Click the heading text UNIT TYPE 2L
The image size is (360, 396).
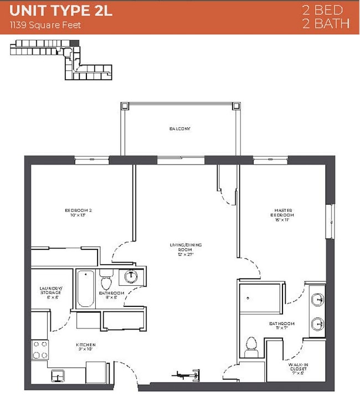[x=61, y=11]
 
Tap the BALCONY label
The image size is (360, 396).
[x=180, y=128]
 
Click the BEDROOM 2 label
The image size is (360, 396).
[x=77, y=212]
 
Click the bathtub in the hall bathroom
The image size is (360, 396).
[x=86, y=289]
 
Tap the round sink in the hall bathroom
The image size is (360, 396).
[x=130, y=276]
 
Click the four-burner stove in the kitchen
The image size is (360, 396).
[x=39, y=349]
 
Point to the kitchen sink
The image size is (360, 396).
[x=58, y=376]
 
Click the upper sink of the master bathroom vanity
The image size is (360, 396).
[x=317, y=300]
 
